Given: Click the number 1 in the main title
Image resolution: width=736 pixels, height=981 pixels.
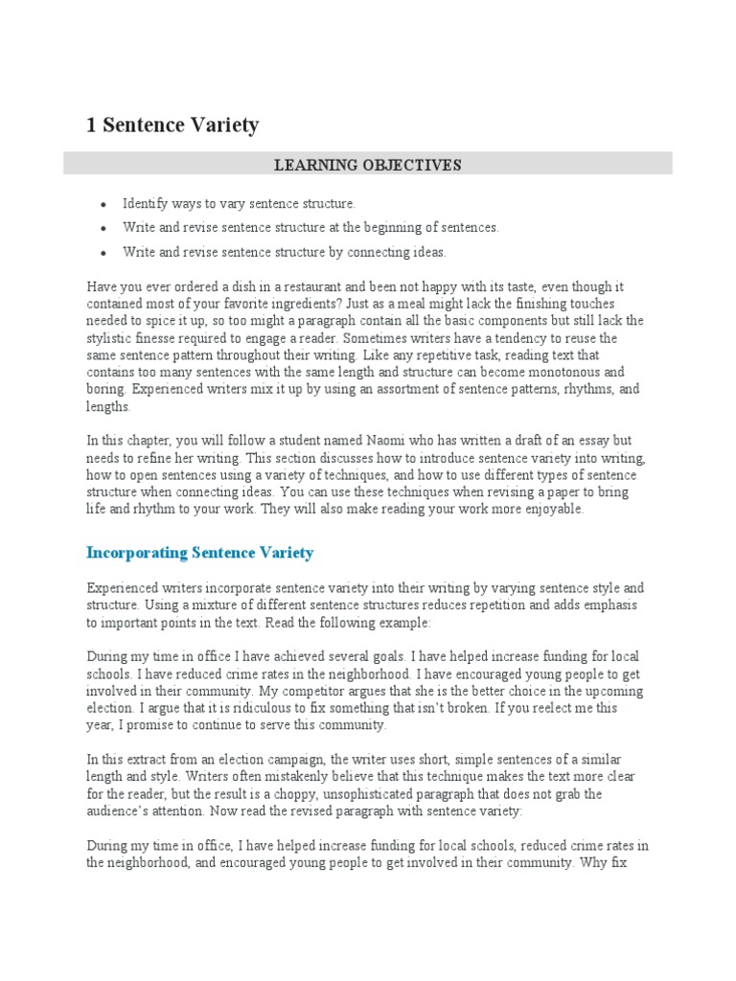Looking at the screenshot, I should coord(93,125).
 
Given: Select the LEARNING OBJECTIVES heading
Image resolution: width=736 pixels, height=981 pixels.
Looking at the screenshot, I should coord(368,165).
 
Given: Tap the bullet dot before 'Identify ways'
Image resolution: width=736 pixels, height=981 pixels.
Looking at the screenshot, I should coord(102,204).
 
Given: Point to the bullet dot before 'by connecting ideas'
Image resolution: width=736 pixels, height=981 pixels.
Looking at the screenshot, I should coord(102,253).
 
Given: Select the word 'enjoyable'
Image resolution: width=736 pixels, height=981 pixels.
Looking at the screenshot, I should coord(548,510).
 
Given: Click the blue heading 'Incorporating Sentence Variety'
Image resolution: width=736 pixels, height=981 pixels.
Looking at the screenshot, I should coord(200,554).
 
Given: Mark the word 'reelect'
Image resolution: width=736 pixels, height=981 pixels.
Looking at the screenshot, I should coord(547,708).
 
